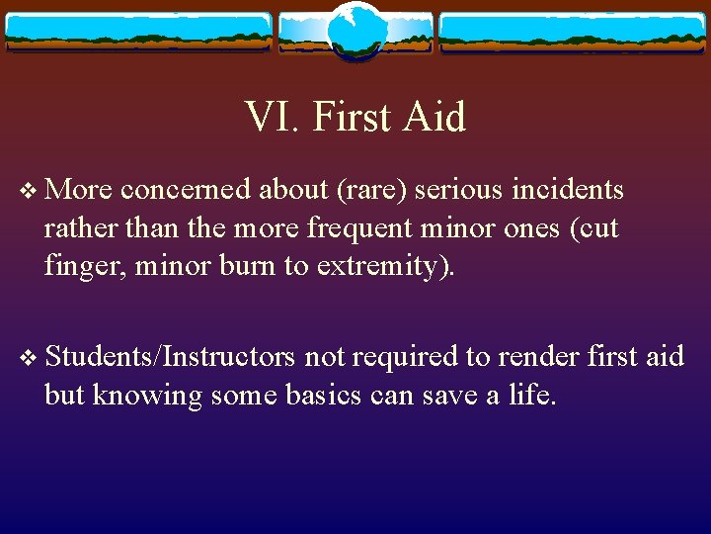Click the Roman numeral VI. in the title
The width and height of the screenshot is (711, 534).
pos(273,118)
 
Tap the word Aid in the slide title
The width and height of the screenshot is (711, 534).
pos(434,118)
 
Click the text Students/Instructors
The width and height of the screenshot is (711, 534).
pos(169,357)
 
